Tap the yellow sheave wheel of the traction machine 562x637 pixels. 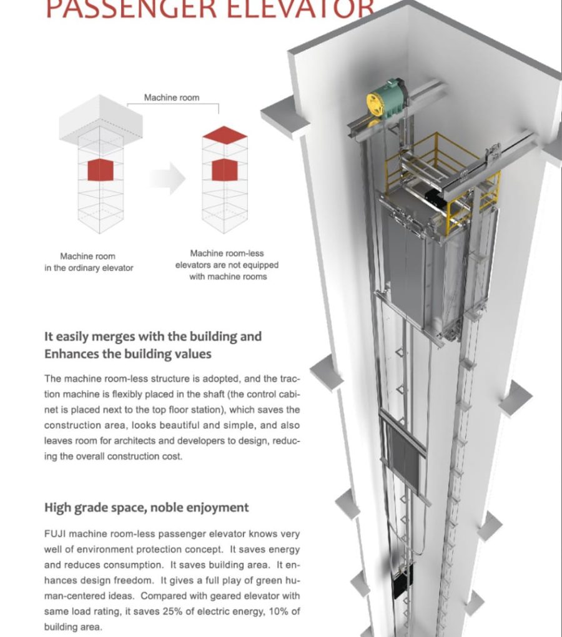[378, 104]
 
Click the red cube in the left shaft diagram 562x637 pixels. [100, 170]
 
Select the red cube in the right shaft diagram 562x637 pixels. [225, 170]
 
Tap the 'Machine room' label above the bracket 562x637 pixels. [172, 97]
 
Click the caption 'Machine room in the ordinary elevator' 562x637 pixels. [88, 262]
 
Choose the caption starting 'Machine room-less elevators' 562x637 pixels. [227, 265]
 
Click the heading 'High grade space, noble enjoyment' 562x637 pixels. [146, 507]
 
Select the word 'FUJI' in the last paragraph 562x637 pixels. [55, 534]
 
